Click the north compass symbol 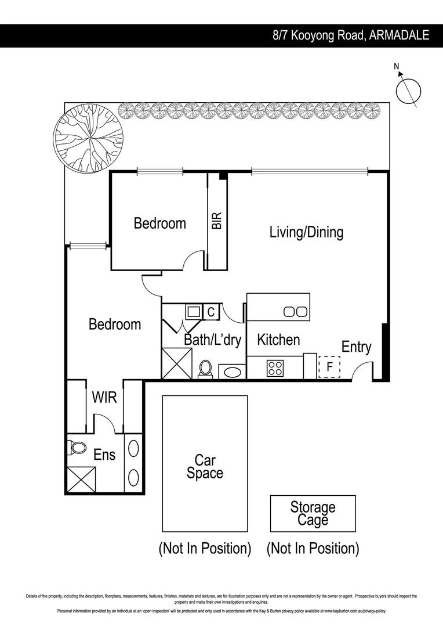(408, 91)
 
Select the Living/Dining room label (306, 232)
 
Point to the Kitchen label (278, 340)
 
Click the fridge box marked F (329, 367)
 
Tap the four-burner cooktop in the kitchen (274, 367)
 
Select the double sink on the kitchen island (295, 312)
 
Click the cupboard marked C (211, 312)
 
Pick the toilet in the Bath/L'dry (206, 369)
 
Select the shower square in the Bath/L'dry (176, 363)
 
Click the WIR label (104, 398)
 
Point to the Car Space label (205, 467)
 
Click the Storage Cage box (313, 513)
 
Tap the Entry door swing (364, 370)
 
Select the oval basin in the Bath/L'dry (232, 371)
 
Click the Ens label (104, 455)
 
